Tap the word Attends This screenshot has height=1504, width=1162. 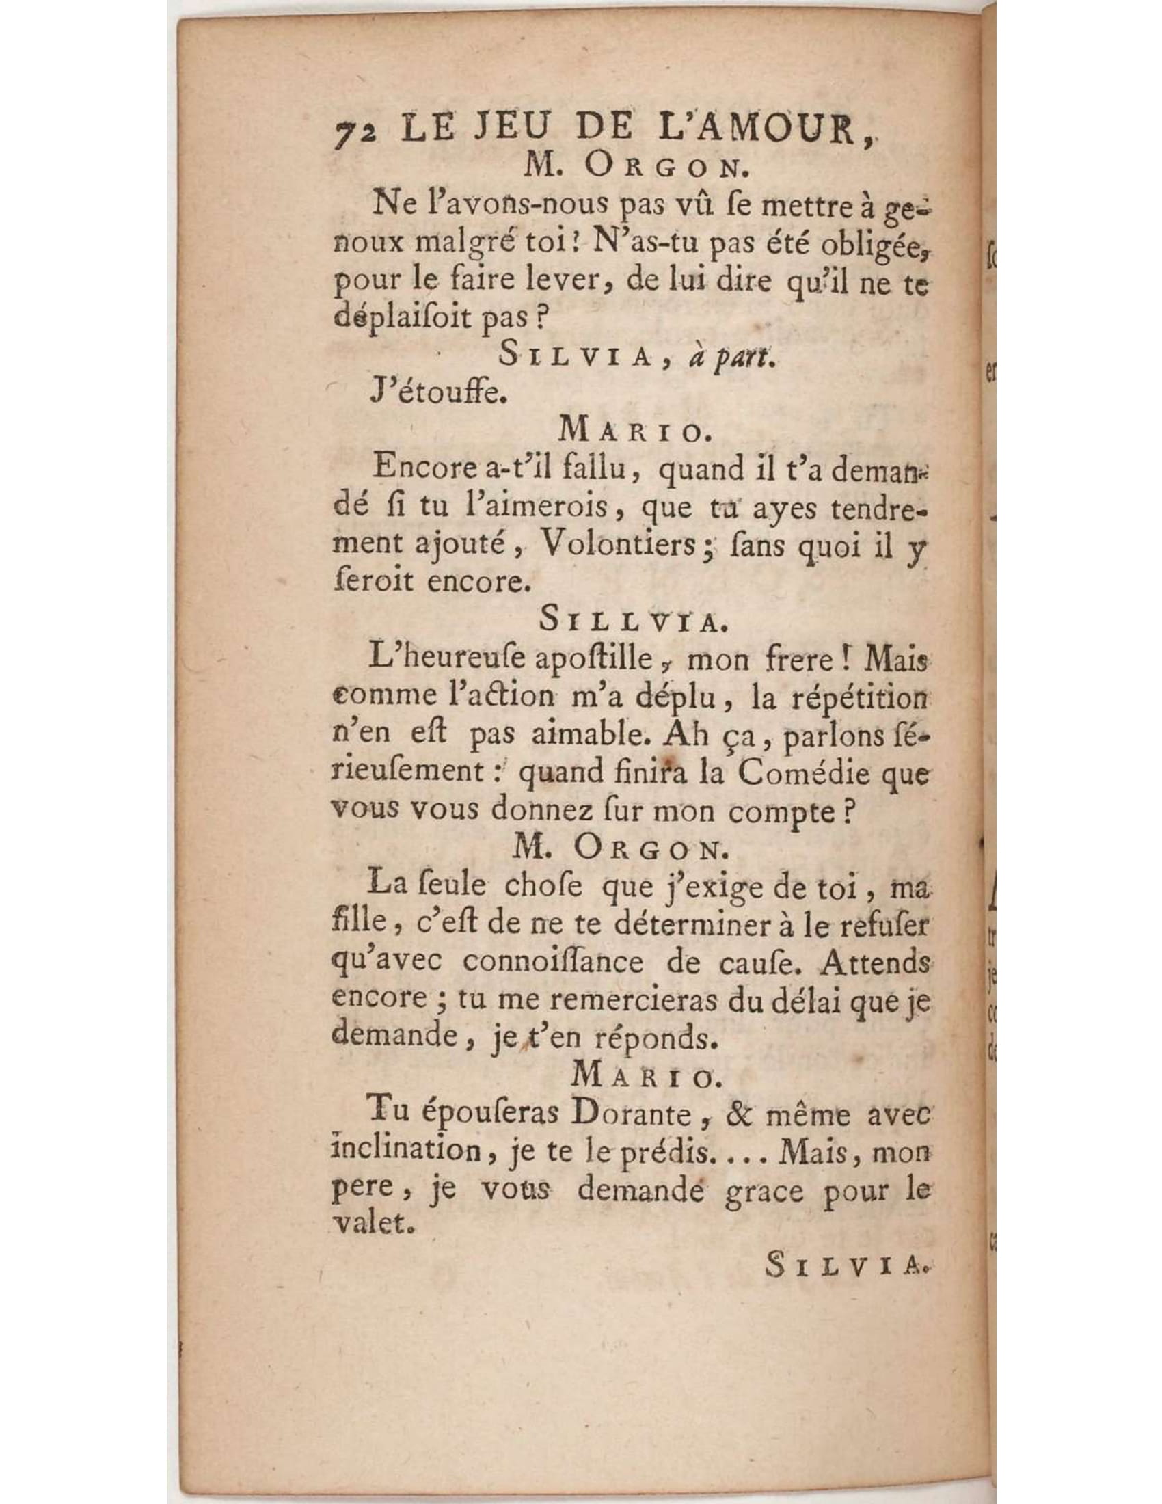(x=874, y=962)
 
